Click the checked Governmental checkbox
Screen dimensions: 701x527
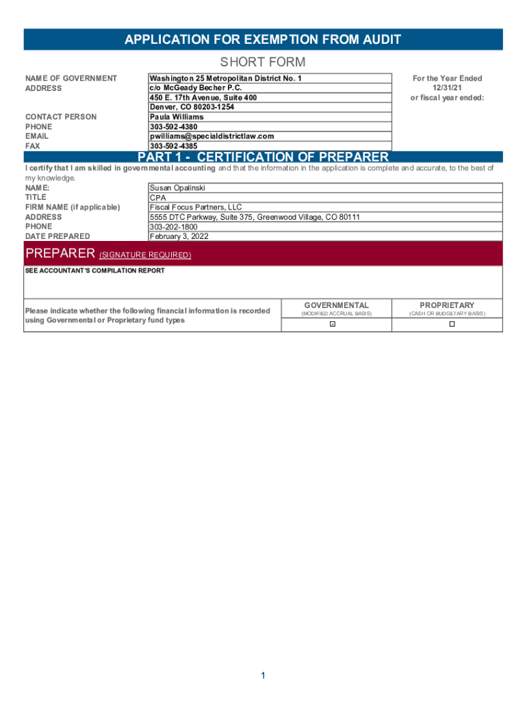333,324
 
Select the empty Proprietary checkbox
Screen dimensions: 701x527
452,324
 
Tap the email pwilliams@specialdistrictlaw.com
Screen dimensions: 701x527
211,136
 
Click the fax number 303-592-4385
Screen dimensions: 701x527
173,146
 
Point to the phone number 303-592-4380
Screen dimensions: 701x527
173,127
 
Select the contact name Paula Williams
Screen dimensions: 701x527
177,117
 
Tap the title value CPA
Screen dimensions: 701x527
157,198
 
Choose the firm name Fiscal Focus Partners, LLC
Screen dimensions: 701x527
196,207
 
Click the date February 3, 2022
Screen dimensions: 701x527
179,237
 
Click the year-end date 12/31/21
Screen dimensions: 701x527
446,88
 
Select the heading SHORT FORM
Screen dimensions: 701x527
263,62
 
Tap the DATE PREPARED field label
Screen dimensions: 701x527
57,237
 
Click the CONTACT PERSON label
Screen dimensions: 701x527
61,117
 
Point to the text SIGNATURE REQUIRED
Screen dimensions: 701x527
145,255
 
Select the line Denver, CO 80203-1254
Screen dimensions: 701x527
192,107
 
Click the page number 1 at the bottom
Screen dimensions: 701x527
262,676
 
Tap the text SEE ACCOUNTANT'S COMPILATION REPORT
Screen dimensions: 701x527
95,271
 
